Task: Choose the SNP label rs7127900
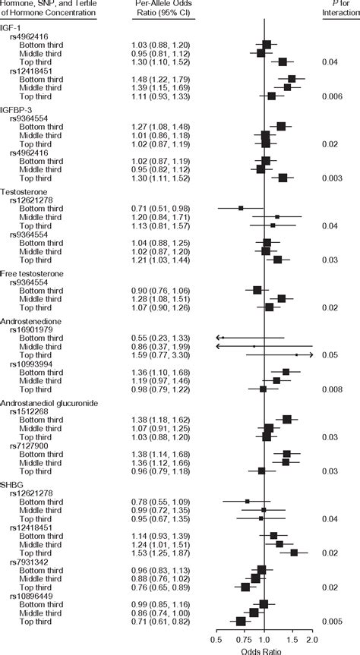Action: pyautogui.click(x=28, y=445)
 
